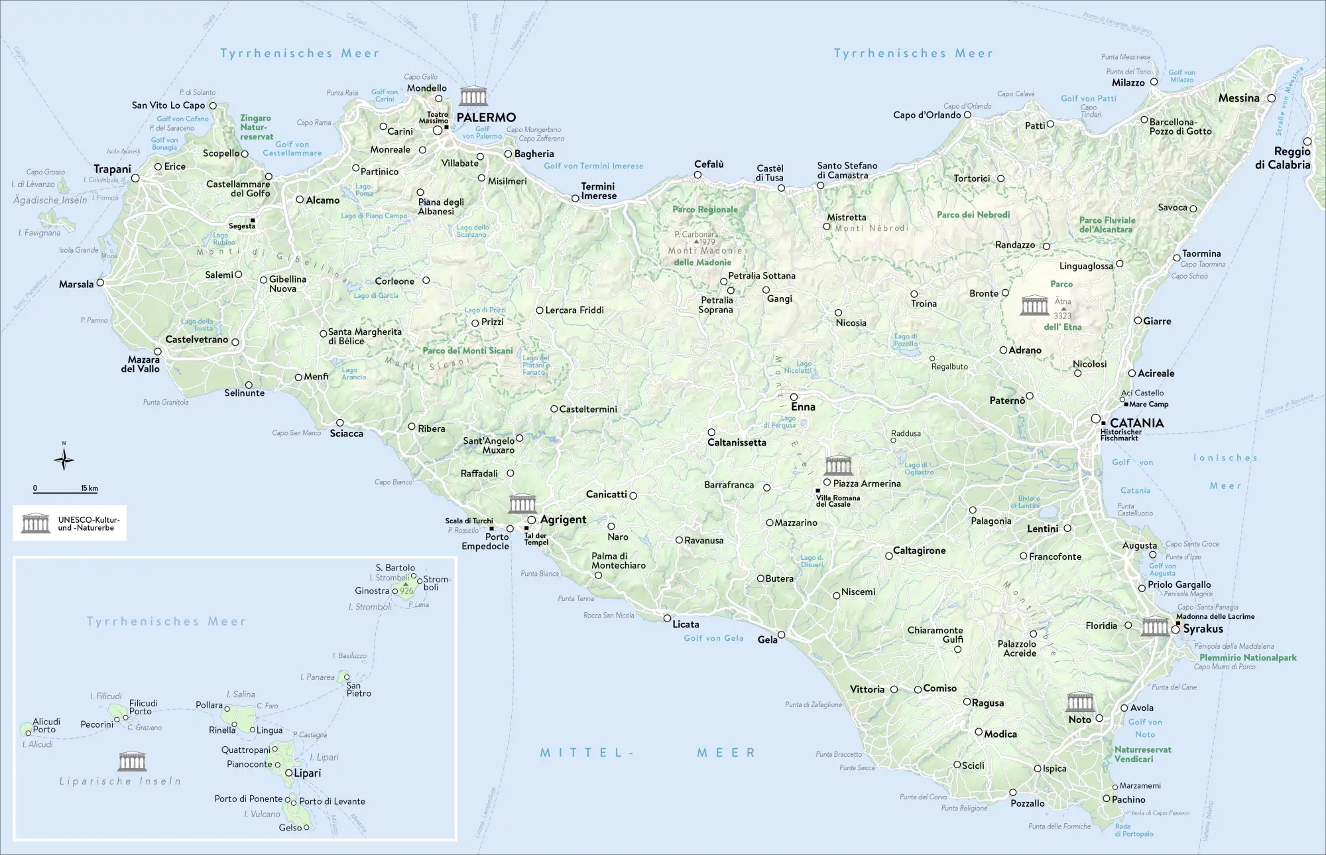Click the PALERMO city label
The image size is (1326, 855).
pos(485,117)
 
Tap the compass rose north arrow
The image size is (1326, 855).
pos(64,459)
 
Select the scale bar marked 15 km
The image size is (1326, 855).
pos(65,491)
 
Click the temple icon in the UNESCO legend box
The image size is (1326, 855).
pos(35,523)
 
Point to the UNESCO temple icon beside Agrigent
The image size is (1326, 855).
pos(522,504)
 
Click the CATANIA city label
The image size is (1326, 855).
pos(1136,423)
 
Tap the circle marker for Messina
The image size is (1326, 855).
pos(1271,98)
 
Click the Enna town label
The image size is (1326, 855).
pos(803,407)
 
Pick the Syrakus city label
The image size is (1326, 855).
pos(1203,629)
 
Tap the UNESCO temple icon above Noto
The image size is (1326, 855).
pos(1080,702)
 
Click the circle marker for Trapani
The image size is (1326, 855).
pos(135,178)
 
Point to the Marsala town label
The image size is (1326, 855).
pos(76,284)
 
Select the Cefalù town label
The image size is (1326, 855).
pos(709,164)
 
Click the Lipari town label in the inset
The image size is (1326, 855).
pos(308,773)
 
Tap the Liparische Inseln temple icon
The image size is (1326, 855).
pos(132,761)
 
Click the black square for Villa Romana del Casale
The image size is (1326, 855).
pos(817,491)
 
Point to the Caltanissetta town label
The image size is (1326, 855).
pos(737,442)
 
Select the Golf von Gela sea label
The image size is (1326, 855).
pos(713,638)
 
